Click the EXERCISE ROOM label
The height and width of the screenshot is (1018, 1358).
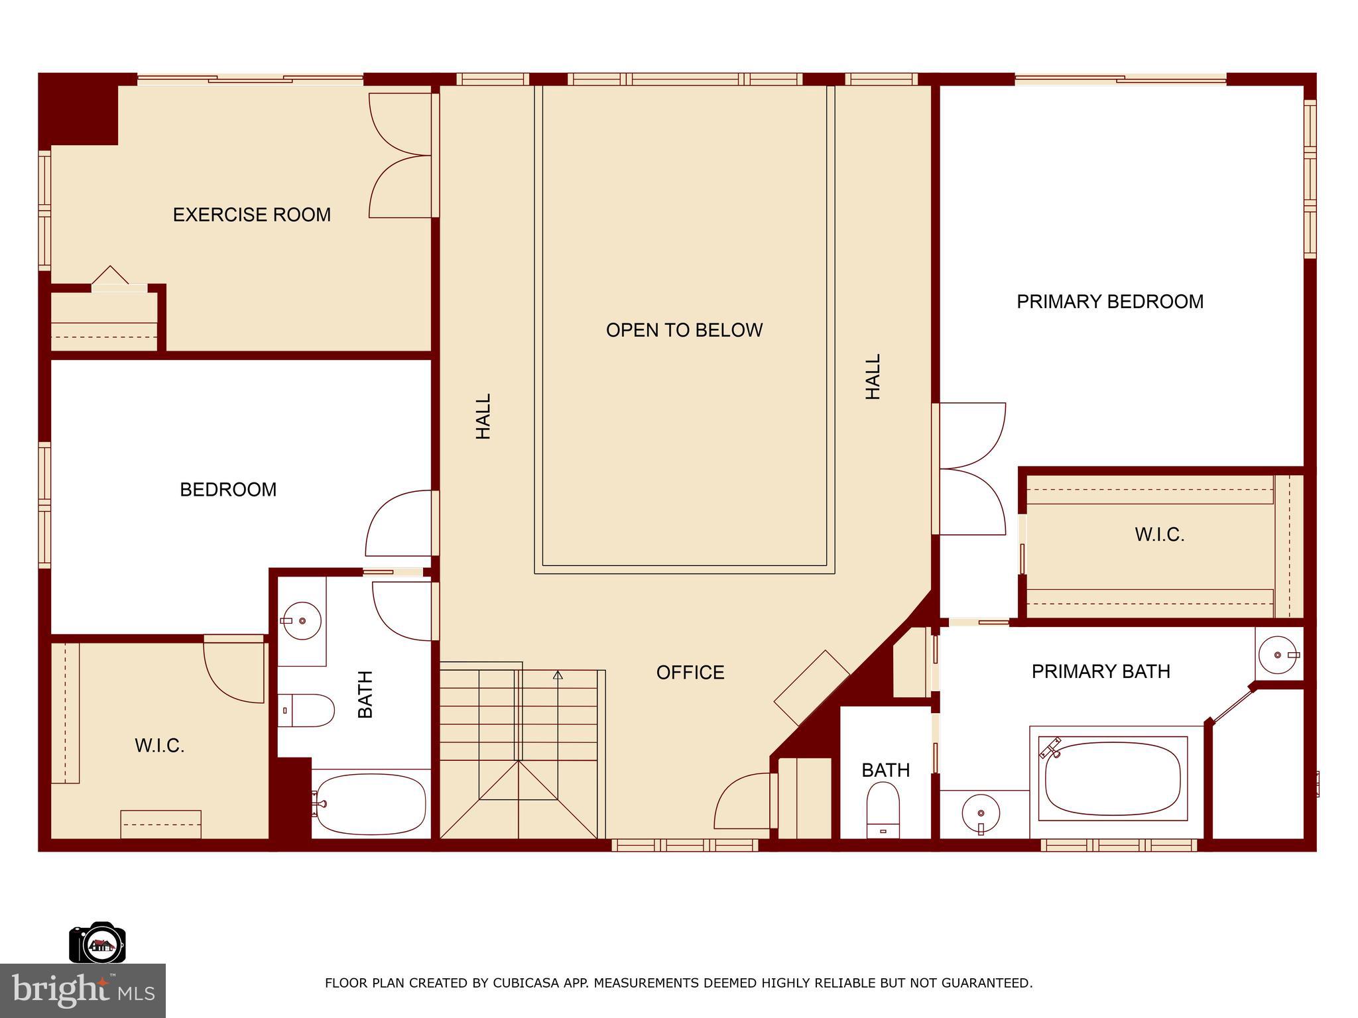(251, 215)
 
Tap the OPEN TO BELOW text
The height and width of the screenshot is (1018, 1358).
(684, 330)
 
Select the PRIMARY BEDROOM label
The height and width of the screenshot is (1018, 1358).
(1110, 302)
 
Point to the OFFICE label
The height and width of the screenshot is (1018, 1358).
(690, 673)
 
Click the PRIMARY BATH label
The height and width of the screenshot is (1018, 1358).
(1101, 671)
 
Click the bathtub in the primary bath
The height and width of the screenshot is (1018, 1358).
(1113, 779)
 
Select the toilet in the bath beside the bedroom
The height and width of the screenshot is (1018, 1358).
(307, 710)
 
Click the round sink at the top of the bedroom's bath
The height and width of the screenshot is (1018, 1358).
(302, 621)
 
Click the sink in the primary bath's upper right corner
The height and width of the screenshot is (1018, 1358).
(1277, 655)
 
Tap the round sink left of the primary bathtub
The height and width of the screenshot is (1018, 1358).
(981, 813)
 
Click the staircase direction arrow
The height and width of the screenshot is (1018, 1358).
(558, 675)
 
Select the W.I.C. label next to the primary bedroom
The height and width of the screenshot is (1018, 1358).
(1159, 535)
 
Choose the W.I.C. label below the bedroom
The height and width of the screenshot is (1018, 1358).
(159, 746)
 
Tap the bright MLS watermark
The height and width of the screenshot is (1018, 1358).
(82, 990)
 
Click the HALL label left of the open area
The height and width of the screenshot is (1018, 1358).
(483, 416)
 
